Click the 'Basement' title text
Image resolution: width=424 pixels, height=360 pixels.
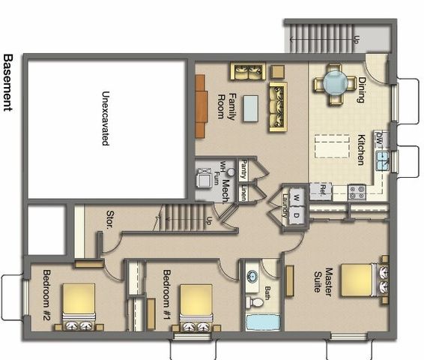[8, 82]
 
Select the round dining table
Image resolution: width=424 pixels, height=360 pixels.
[335, 82]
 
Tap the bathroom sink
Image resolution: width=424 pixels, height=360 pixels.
[252, 275]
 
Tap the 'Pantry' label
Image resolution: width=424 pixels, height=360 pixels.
[244, 171]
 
